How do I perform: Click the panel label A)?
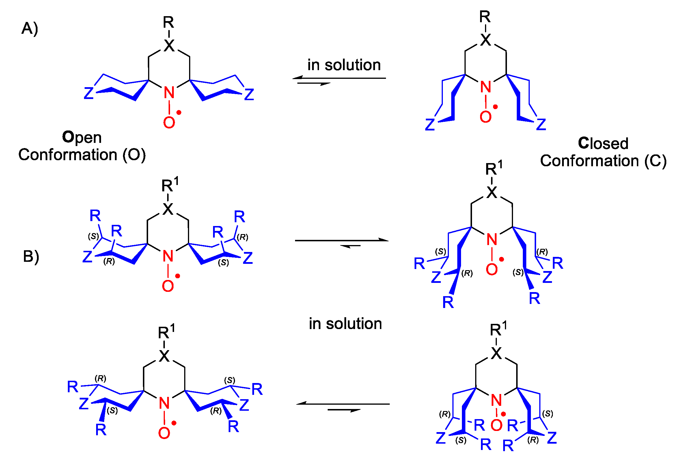pos(29,29)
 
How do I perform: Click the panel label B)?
pos(31,256)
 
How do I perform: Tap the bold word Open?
pos(82,137)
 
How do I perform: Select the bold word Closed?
pos(603,143)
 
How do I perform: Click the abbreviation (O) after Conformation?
pos(134,155)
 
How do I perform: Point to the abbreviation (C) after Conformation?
pos(655,161)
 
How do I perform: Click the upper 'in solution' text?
pos(344,65)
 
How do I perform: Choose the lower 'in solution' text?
pos(345,324)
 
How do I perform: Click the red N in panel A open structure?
pos(169,93)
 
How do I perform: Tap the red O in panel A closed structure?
pos(485,117)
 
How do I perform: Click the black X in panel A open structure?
pos(169,46)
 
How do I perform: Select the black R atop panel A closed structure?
pos(485,17)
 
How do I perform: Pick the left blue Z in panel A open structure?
pos(89,93)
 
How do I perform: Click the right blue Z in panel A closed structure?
pos(541,124)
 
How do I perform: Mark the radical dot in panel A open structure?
pos(179,113)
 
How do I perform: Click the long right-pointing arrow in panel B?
pos(342,240)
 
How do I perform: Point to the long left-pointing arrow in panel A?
pos(339,78)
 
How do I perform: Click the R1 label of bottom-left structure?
pos(166,332)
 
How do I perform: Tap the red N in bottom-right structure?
pos(496,400)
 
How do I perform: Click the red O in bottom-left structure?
pos(164,433)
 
